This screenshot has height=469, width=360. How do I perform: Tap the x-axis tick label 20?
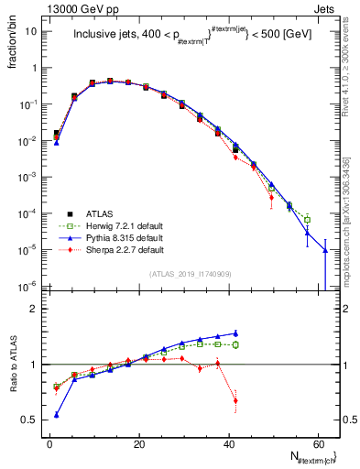coord(138,442)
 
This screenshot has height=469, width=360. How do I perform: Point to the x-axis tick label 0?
coord(49,442)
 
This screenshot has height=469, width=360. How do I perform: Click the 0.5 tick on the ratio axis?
coord(31,420)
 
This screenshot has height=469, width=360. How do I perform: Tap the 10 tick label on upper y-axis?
coord(31,31)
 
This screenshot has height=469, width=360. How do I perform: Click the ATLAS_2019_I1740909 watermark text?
coord(191,273)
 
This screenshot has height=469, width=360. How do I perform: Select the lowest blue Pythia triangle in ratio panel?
coord(57,415)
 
